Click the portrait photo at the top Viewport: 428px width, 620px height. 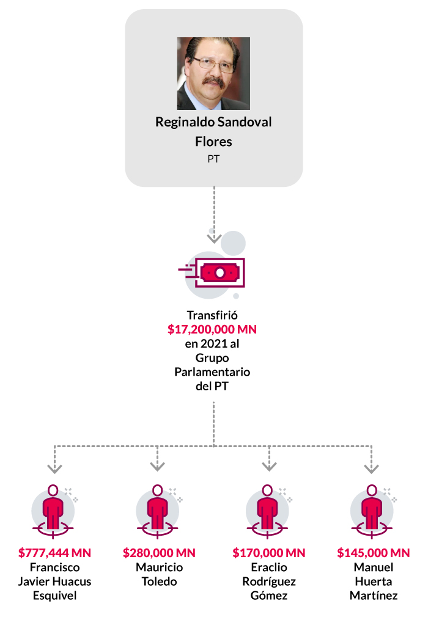(213, 73)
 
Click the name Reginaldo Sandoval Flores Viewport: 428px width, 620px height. (213, 131)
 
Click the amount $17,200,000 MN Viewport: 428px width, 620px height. (213, 330)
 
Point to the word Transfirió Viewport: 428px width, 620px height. (213, 316)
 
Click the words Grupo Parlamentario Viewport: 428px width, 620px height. (213, 365)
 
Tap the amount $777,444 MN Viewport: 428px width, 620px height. (54, 553)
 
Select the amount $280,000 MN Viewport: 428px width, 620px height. (159, 553)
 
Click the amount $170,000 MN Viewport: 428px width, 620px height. (269, 553)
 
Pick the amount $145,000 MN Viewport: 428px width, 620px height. (374, 553)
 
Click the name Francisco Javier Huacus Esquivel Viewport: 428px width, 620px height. (54, 582)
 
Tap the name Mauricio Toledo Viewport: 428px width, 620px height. (159, 574)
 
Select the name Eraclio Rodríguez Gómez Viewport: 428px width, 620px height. (269, 582)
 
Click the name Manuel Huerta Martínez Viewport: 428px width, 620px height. (374, 582)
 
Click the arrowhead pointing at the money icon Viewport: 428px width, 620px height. (213, 238)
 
